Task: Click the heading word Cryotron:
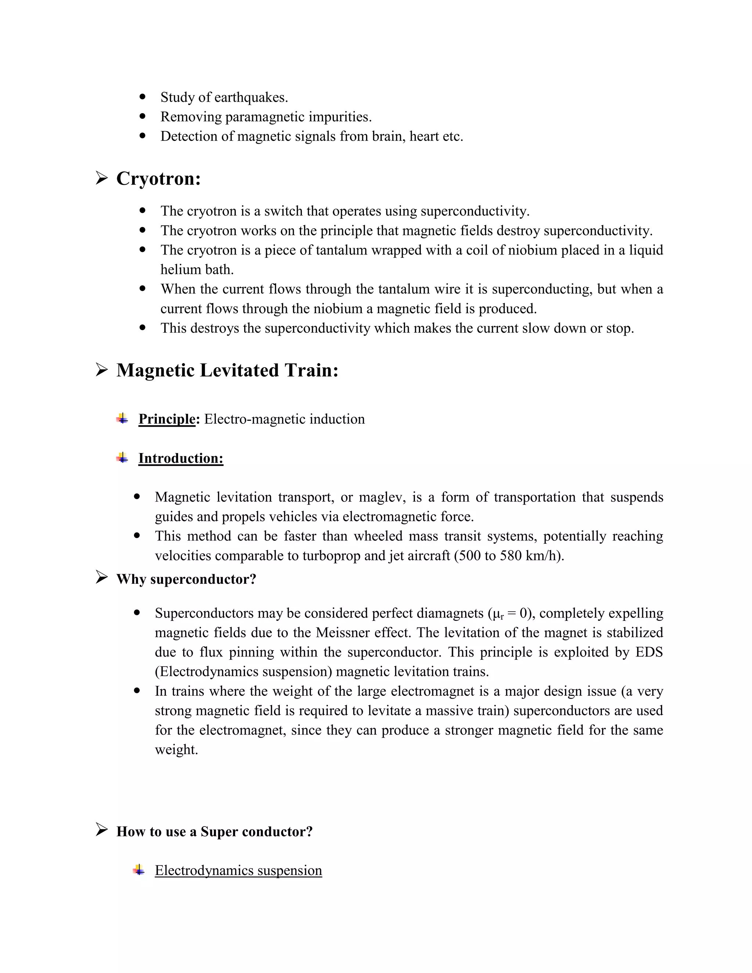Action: [x=158, y=179]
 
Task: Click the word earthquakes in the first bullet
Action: [x=250, y=97]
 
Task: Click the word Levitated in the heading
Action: [x=239, y=370]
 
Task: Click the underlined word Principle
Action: [x=167, y=419]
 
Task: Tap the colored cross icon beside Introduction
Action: [x=122, y=457]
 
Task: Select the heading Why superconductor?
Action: [x=186, y=579]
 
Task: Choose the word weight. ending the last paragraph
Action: [x=176, y=749]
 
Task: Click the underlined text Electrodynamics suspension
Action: [x=238, y=870]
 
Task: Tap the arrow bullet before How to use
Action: [x=102, y=829]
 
